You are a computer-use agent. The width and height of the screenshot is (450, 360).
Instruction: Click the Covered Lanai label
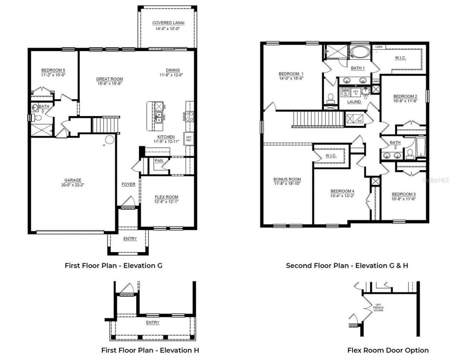click(168, 23)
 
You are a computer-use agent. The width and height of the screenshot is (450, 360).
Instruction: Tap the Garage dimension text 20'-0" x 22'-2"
click(72, 185)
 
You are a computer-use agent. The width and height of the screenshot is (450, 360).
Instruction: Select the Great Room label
click(109, 79)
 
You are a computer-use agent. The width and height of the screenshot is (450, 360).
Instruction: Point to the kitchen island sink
click(159, 116)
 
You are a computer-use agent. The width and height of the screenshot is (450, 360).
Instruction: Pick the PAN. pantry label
click(159, 160)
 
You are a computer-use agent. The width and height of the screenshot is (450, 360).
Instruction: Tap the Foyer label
click(128, 184)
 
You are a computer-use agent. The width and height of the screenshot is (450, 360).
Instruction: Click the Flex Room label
click(166, 197)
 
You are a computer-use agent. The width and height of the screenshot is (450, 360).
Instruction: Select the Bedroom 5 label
click(53, 70)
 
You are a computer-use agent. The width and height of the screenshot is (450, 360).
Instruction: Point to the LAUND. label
click(354, 102)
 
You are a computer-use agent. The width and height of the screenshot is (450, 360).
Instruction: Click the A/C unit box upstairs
click(354, 119)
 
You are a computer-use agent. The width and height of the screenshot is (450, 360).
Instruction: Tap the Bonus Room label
click(287, 179)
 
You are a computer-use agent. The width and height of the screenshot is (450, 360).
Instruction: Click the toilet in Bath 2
click(410, 153)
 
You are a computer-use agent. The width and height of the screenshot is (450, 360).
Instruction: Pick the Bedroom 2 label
click(405, 96)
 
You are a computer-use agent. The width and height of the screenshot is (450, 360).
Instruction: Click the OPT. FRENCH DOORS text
click(378, 307)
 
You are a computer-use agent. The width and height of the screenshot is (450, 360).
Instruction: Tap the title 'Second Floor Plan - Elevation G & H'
click(347, 266)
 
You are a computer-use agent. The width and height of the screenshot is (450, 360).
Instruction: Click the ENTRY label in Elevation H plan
click(153, 322)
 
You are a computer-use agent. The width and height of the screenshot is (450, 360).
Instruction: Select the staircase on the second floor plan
click(318, 119)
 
